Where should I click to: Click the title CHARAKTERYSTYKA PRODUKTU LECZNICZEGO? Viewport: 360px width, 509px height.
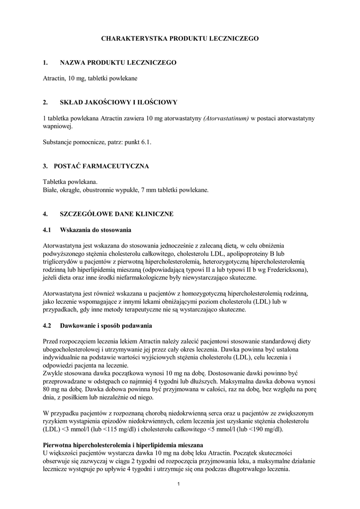pos(180,38)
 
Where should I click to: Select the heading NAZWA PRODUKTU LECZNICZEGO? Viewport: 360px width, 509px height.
pos(118,63)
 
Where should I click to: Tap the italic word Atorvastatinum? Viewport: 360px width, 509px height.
pos(226,118)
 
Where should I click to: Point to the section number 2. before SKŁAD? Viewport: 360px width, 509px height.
pos(45,102)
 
